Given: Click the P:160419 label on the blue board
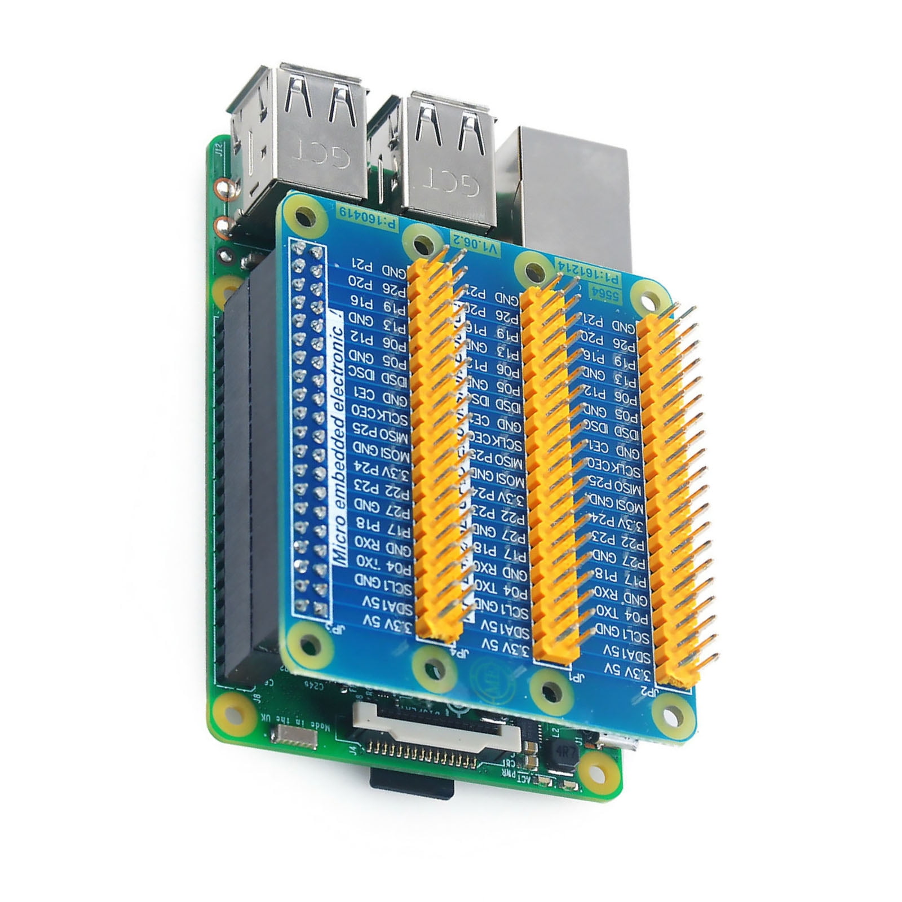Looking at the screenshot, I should [x=368, y=219].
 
